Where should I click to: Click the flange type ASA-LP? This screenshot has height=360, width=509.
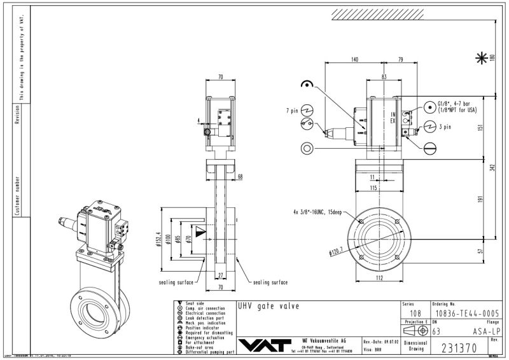[487, 331]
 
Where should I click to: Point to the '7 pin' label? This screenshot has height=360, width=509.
[291, 111]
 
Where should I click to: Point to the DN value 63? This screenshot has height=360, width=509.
[436, 331]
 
